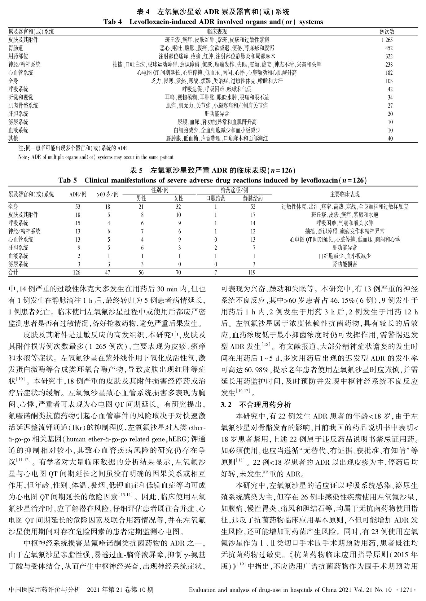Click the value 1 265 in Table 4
(387, 40)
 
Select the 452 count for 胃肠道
(389, 48)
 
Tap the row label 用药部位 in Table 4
(18, 56)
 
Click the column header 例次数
(387, 32)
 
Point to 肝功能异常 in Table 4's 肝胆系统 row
(217, 114)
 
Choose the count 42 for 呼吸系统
(390, 89)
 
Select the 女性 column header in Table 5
(178, 198)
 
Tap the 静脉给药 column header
(253, 198)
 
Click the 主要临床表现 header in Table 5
(345, 194)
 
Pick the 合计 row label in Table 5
(13, 272)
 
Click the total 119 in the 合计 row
(252, 272)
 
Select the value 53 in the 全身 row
(77, 207)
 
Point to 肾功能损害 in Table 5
(345, 264)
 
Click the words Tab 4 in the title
(113, 22)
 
